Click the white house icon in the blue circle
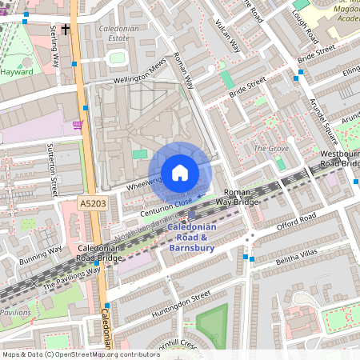coord(180,173)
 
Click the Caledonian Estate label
coord(113,33)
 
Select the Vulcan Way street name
coord(228,35)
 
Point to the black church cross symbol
coord(65,28)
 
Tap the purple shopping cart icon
coord(78,124)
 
